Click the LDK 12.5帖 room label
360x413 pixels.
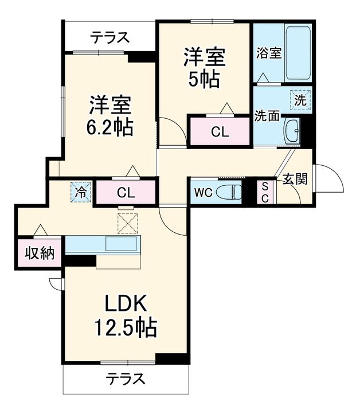coord(126,315)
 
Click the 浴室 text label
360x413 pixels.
coord(268,53)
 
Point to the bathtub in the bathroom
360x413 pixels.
coord(297,53)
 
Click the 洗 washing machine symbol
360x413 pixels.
coord(300,99)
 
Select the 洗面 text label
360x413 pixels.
coord(267,115)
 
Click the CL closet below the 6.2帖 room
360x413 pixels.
coord(126,193)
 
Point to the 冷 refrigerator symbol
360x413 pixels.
coord(82,192)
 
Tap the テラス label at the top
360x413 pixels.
coord(109,38)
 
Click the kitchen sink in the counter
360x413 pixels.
coord(122,244)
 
